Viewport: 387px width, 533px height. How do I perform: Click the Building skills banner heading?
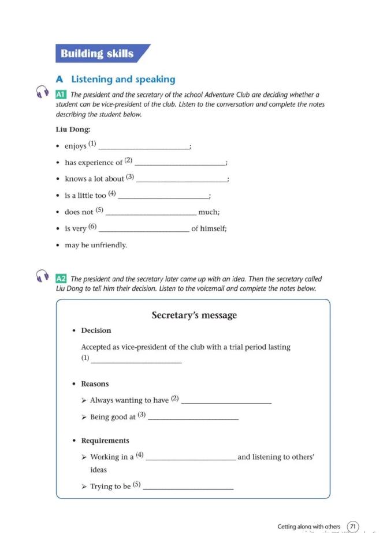(97, 54)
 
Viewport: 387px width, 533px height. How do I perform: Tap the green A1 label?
(61, 95)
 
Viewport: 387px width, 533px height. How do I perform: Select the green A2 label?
(61, 279)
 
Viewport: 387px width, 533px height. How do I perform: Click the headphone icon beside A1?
(42, 92)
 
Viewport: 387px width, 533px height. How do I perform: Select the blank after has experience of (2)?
(179, 163)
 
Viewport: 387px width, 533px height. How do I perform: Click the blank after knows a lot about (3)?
(181, 179)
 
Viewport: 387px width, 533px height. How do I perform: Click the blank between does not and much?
(151, 212)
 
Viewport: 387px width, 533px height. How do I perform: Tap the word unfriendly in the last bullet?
(107, 245)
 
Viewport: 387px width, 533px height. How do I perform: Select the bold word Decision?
(96, 331)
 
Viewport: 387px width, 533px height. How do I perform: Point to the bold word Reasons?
(95, 384)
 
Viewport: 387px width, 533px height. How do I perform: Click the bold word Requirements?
(105, 441)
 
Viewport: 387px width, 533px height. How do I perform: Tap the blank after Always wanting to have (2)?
(226, 401)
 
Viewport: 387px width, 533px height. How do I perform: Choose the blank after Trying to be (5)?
(188, 487)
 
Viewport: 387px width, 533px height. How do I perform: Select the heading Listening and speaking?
(123, 79)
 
